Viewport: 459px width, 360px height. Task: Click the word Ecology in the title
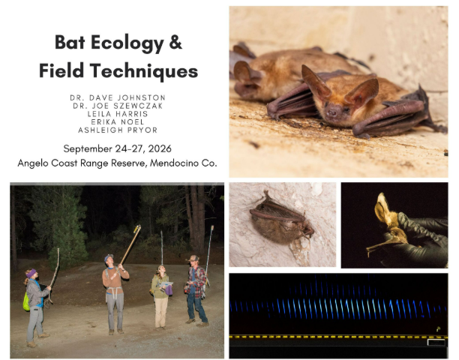coord(127,43)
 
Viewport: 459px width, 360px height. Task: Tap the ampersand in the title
coord(175,42)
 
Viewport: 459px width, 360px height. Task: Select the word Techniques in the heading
coord(144,71)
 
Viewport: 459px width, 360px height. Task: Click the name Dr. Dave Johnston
coord(118,97)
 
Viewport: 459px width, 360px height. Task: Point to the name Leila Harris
coord(118,114)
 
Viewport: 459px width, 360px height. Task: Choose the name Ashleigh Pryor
coord(118,130)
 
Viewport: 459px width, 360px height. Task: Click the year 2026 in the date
coord(160,148)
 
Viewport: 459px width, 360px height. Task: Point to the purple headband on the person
coord(31,273)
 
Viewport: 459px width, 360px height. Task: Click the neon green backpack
coord(26,301)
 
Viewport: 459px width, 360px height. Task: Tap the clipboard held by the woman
coord(166,284)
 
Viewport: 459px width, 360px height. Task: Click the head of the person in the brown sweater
coord(109,259)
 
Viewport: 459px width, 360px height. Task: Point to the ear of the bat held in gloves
coord(382,208)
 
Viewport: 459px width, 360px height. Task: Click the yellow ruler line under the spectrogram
coord(338,337)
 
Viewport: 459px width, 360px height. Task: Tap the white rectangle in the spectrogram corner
coord(436,342)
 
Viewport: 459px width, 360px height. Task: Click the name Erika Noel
coord(118,121)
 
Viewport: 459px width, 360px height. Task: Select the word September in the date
coord(88,149)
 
